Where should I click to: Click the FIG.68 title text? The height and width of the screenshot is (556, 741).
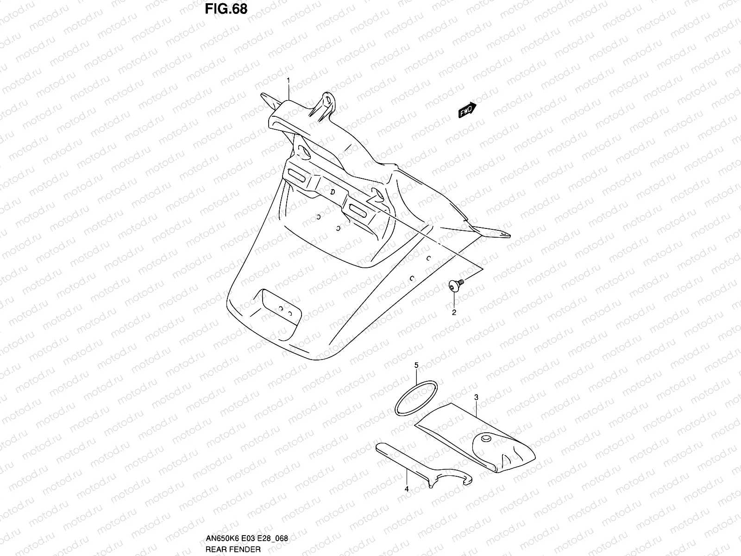[x=226, y=9]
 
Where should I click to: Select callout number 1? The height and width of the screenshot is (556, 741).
[x=288, y=80]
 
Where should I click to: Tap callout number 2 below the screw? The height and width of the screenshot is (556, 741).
[x=454, y=312]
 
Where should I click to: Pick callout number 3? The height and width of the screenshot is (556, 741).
[x=476, y=398]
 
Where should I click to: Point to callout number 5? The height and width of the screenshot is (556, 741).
[x=416, y=366]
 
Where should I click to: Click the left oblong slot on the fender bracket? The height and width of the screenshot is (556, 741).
[x=296, y=175]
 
